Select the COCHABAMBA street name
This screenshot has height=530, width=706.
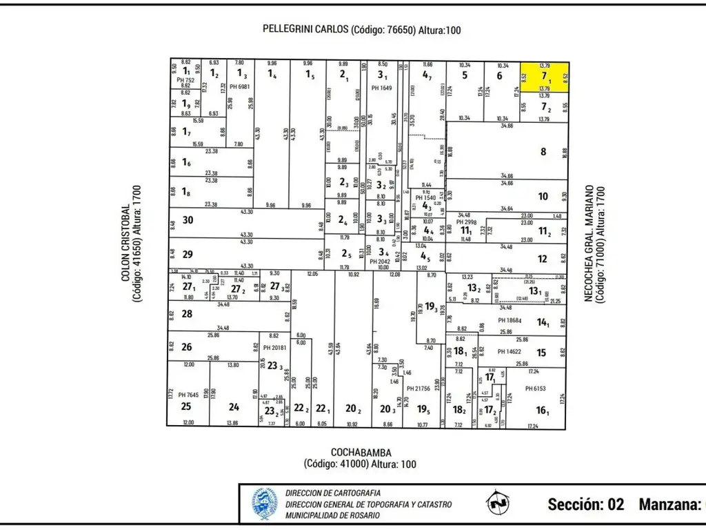[360, 453]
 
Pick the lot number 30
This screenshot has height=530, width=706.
[188, 220]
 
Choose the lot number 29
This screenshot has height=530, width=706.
[188, 253]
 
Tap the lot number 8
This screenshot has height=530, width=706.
[543, 151]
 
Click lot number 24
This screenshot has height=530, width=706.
[234, 406]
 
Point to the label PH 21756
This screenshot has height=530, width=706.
[419, 389]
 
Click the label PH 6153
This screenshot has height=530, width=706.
[535, 389]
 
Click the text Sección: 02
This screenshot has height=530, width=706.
[586, 504]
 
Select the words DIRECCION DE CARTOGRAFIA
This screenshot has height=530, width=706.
[332, 493]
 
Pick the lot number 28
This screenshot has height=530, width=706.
[187, 314]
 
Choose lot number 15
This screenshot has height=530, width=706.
[542, 353]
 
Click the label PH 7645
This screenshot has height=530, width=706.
[188, 395]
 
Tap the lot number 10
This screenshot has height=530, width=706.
[543, 197]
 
